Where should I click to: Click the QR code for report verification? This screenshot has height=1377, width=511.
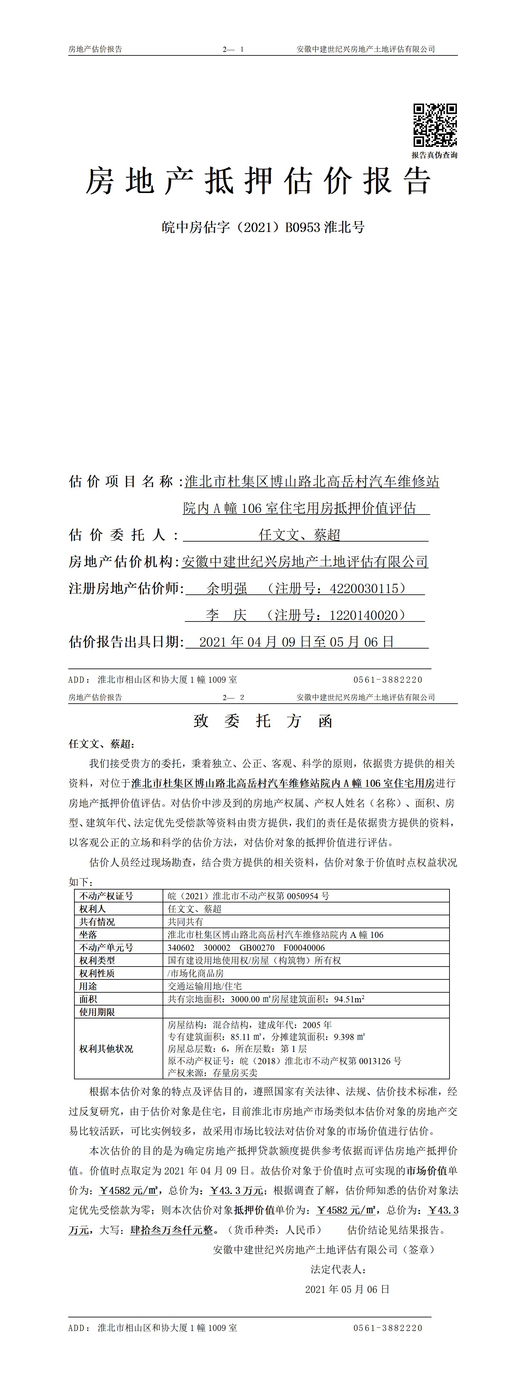pyautogui.click(x=435, y=125)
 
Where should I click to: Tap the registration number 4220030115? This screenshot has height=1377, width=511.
pyautogui.click(x=364, y=589)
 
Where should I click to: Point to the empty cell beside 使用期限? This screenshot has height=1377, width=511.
pyautogui.click(x=306, y=1012)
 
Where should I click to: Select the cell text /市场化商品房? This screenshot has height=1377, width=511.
pyautogui.click(x=195, y=973)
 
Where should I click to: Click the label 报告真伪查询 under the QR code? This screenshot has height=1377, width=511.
pyautogui.click(x=434, y=155)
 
